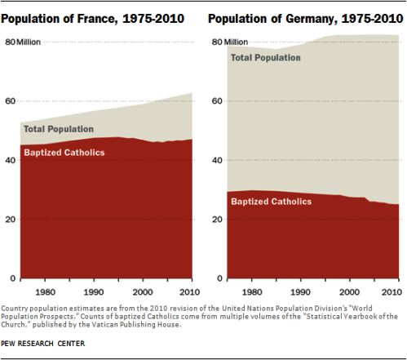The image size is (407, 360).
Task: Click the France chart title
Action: point(93,19)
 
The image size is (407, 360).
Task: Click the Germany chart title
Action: point(306,19)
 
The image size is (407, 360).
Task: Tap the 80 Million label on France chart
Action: point(23,42)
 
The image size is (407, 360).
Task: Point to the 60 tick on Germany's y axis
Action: point(217,101)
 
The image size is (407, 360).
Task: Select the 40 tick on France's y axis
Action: point(11,160)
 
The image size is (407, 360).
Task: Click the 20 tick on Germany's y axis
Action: point(217,220)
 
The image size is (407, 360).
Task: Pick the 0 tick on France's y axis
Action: point(13,278)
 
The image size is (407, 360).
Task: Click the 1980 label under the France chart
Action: point(45,292)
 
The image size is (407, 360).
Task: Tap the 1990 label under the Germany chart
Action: point(300,292)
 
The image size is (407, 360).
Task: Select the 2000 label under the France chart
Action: point(143,292)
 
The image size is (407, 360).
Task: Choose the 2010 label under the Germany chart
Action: point(392,292)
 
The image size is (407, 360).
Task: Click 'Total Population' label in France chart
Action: point(59,129)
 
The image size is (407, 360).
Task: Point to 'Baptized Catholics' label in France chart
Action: point(64,153)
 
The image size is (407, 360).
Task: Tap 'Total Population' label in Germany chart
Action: point(266,58)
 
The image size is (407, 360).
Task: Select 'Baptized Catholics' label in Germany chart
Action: point(272,202)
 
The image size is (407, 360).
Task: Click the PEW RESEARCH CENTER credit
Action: point(43,344)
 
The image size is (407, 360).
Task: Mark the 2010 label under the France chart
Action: point(189,292)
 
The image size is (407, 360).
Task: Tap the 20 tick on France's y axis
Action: point(11,220)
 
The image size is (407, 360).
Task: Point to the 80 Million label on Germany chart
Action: point(230,42)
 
